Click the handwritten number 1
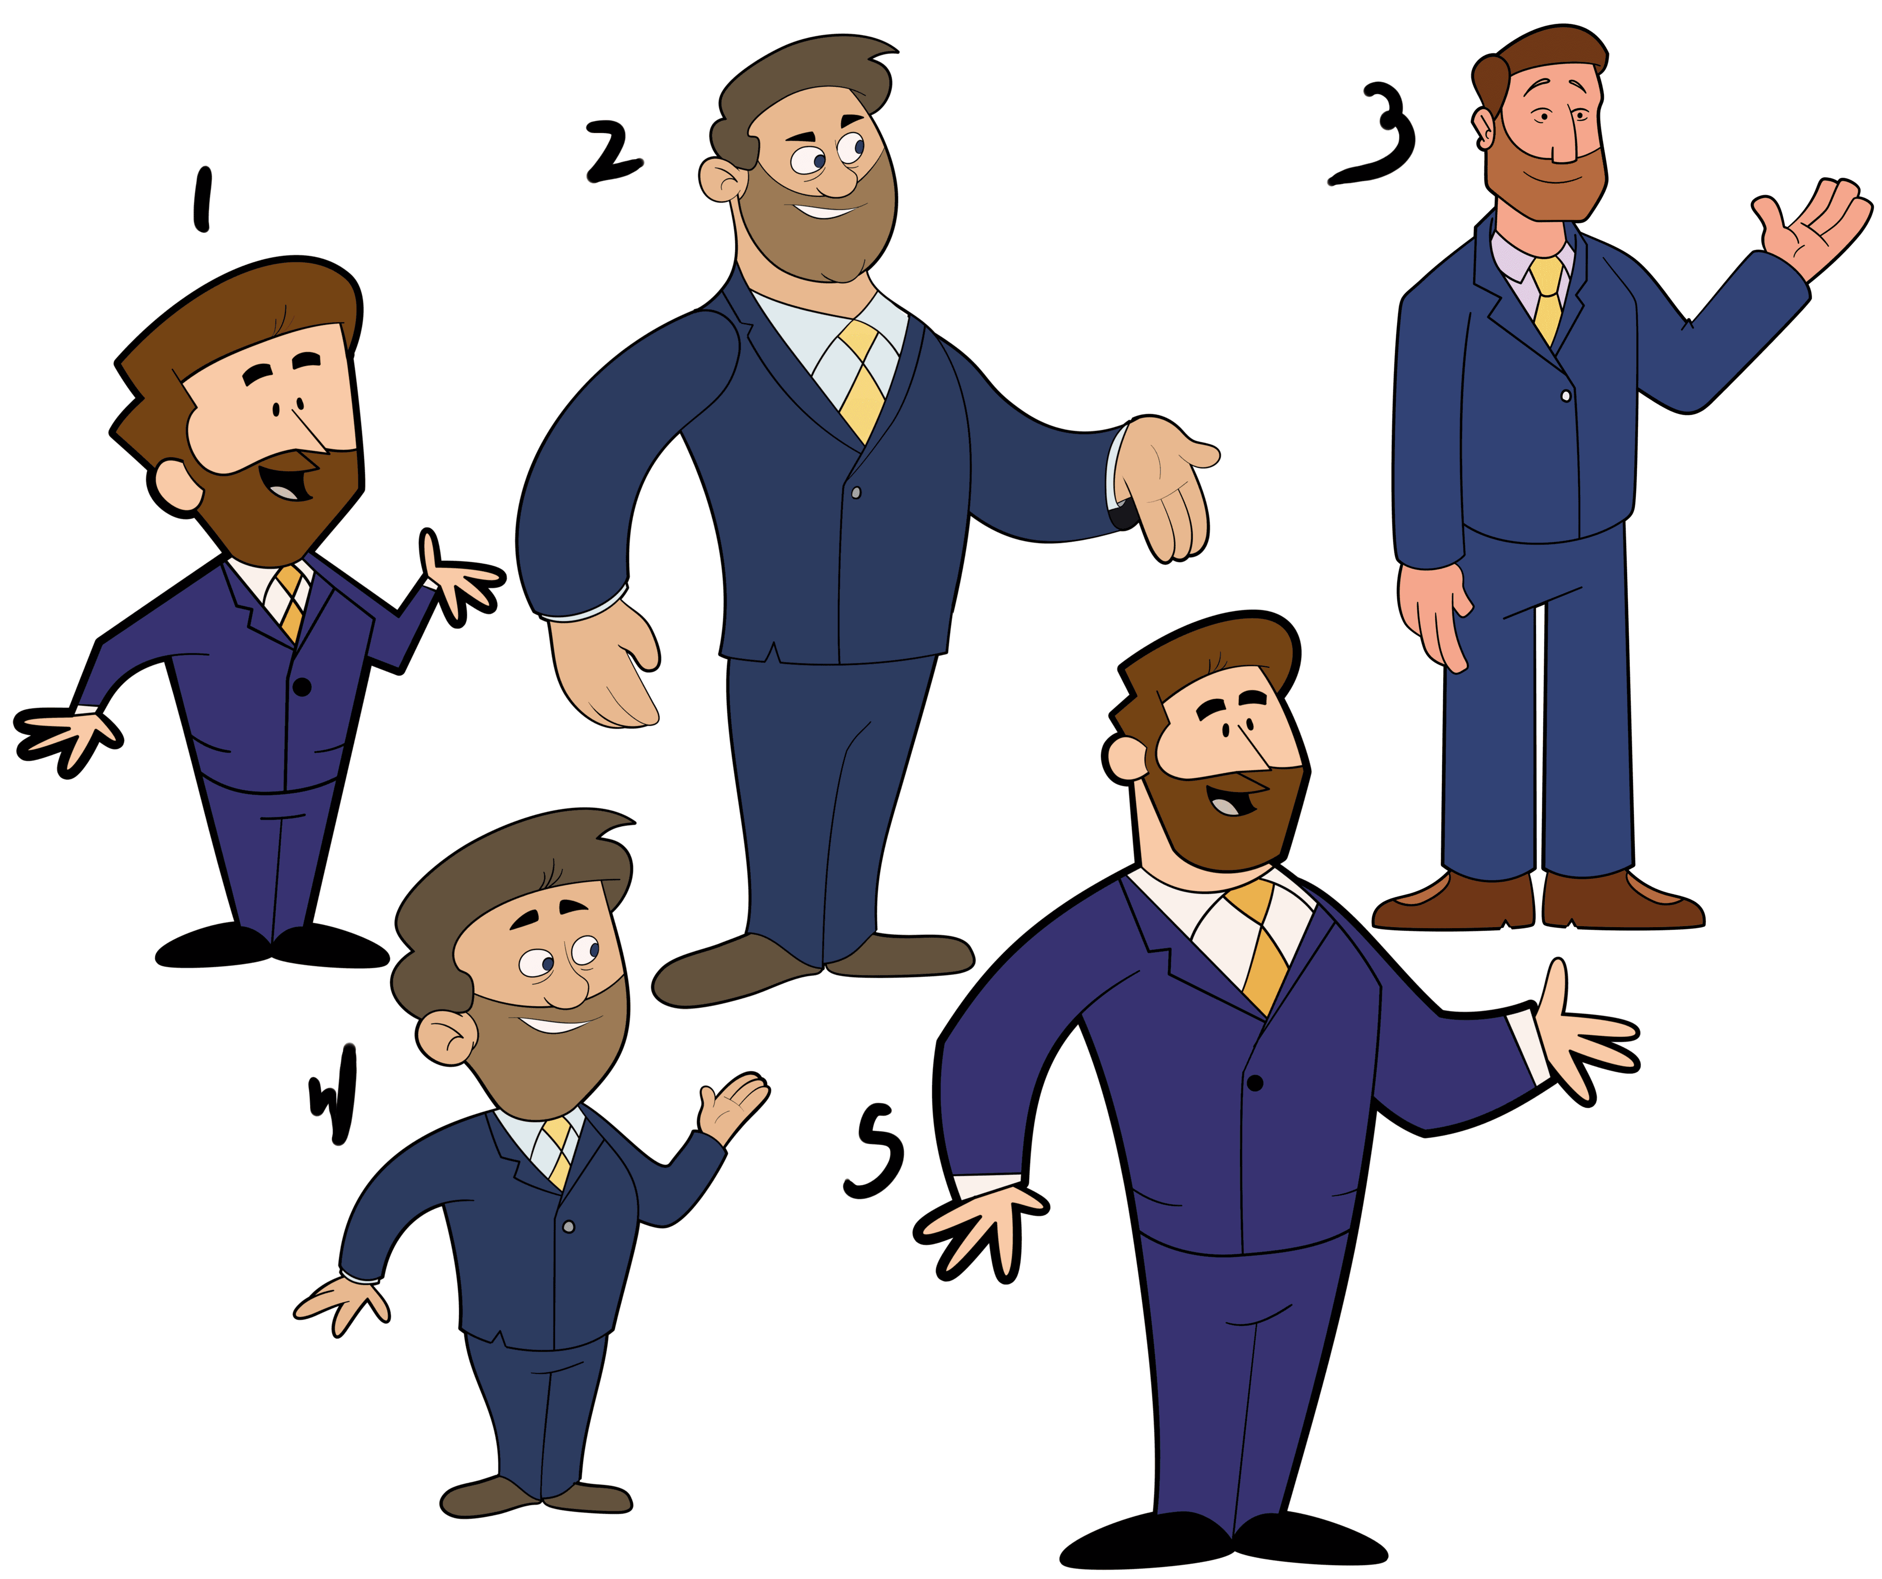coord(203,199)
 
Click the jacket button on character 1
coord(302,687)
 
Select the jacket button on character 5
coord(1255,1083)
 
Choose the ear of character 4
coord(446,1038)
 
